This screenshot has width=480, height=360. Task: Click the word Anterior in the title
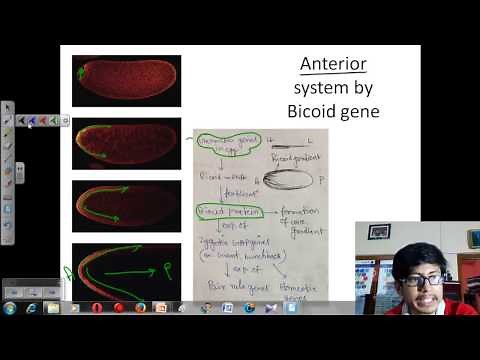pyautogui.click(x=334, y=65)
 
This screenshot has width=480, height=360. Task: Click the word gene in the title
pyautogui.click(x=361, y=111)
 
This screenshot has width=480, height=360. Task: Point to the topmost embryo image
pyautogui.click(x=126, y=81)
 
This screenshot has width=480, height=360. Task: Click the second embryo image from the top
pyautogui.click(x=126, y=143)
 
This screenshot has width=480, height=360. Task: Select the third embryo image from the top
pyautogui.click(x=126, y=205)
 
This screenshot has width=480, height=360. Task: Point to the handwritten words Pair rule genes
pyautogui.click(x=232, y=285)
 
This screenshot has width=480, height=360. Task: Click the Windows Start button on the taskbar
pyautogui.click(x=9, y=307)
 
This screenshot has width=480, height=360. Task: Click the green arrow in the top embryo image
pyautogui.click(x=79, y=71)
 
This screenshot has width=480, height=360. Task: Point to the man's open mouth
pyautogui.click(x=422, y=298)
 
